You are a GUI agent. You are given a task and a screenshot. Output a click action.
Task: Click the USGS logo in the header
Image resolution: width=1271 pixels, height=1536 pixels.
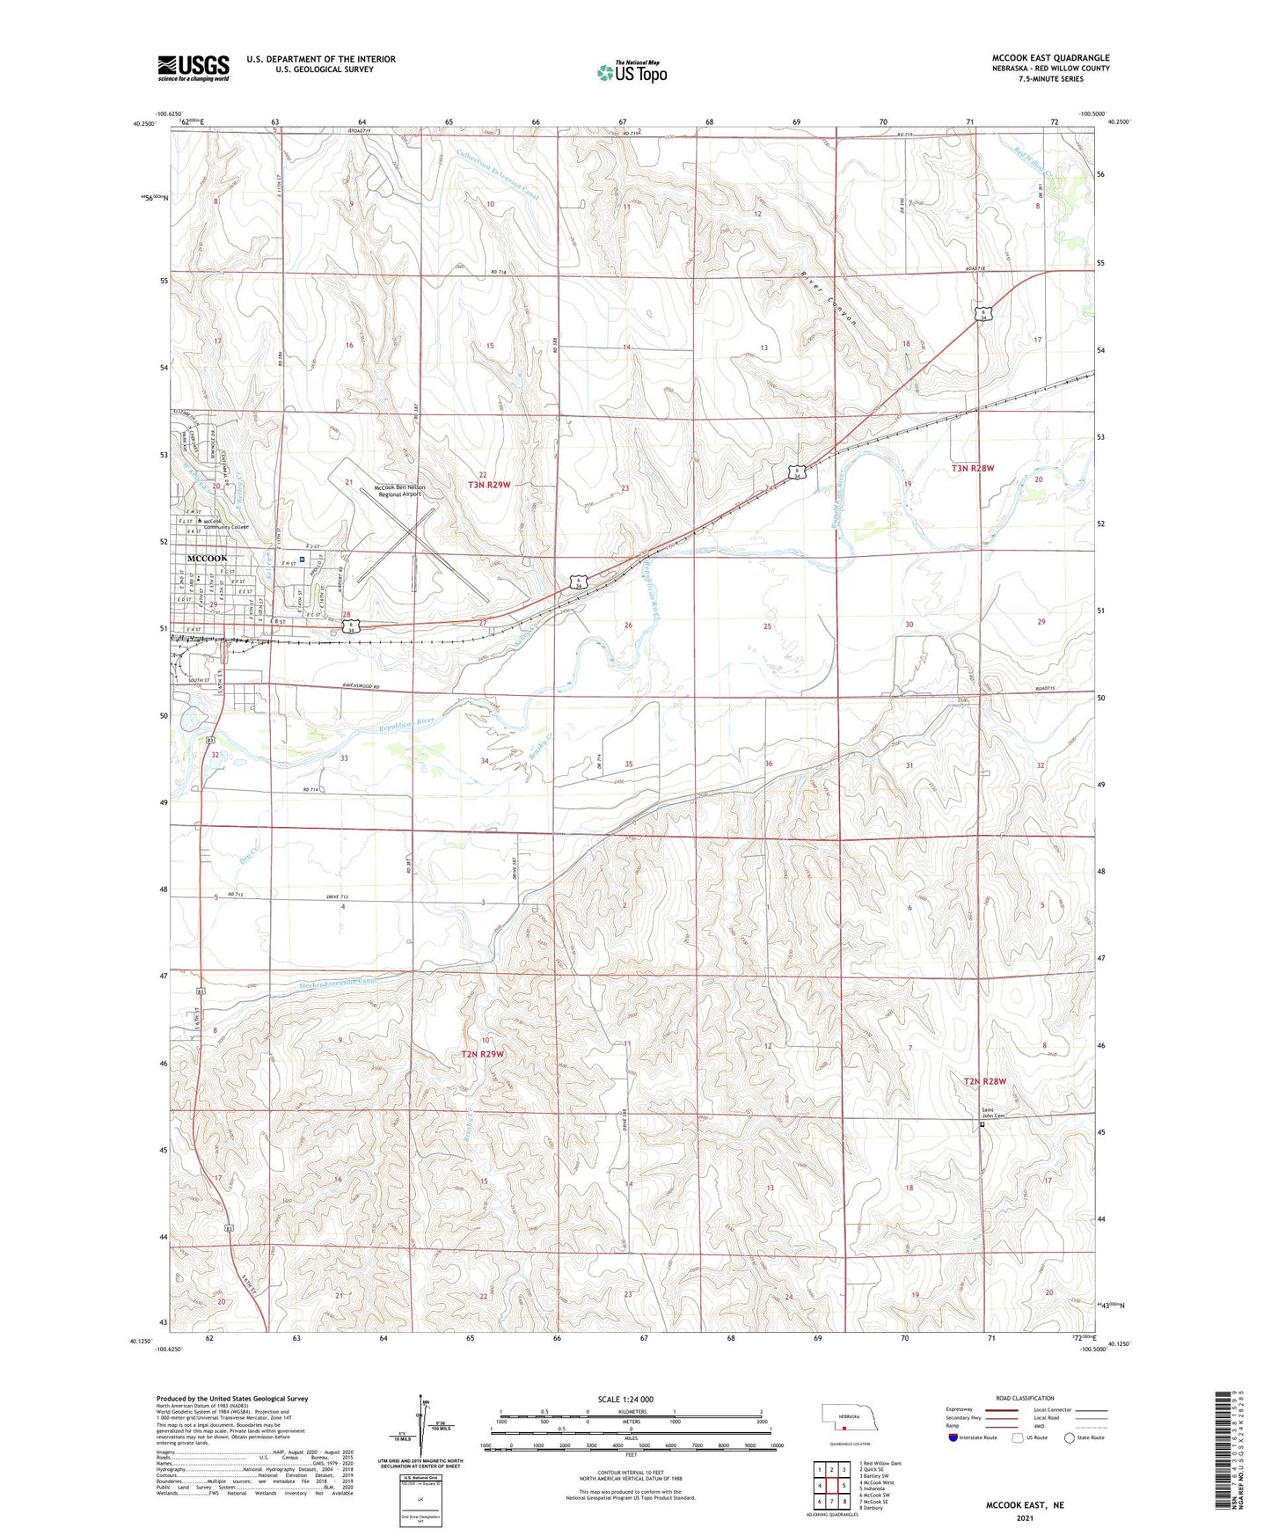coord(194,67)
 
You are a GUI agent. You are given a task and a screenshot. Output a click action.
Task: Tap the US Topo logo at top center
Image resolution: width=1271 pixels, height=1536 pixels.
coord(631,71)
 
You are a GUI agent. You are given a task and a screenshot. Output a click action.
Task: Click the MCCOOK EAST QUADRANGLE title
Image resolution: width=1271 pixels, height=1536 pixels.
coord(1050,57)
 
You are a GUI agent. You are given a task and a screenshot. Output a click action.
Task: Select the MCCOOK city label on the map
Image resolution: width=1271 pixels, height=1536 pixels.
coord(207,559)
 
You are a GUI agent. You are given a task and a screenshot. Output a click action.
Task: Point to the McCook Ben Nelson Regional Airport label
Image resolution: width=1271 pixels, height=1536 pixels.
coord(399,491)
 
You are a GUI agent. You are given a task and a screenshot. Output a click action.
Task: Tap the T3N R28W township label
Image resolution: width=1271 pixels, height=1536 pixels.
coord(973,469)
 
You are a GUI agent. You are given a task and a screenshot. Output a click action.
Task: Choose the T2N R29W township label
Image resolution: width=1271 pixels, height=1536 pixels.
coord(483,1054)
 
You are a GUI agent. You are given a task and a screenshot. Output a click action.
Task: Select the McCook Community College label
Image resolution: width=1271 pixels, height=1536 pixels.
coord(226,523)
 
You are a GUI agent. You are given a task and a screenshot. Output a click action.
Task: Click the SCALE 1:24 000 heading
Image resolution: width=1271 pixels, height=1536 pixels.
coord(625,1399)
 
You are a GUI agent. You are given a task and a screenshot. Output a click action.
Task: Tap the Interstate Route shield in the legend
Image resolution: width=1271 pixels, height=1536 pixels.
coord(954,1437)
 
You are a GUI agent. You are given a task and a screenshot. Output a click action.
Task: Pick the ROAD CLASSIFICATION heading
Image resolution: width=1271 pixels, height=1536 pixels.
coord(1025,1398)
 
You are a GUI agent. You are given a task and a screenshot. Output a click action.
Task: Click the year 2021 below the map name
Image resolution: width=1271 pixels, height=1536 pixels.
coord(1025,1518)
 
